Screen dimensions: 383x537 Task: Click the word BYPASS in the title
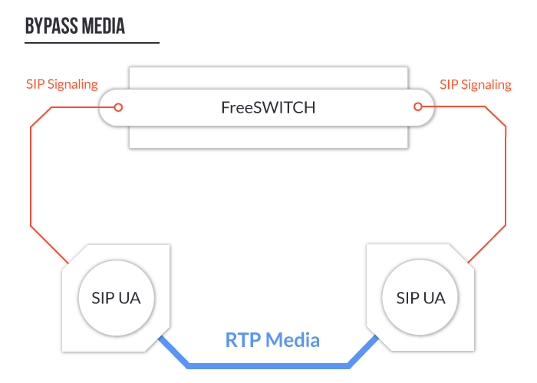coord(50,26)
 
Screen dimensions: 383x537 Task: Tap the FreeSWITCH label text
coord(268,107)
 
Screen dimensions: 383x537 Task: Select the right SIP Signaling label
coord(476,84)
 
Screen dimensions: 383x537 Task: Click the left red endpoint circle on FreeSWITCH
coord(118,107)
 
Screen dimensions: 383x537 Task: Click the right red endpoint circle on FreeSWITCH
coord(418,107)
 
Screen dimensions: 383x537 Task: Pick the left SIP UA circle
coord(117,297)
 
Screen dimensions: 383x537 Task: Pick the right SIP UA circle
coord(420,297)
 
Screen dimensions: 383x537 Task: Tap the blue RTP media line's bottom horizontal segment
coord(268,365)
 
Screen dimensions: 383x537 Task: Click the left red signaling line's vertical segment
coord(30,176)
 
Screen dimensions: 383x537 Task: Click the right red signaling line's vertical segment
coord(506,176)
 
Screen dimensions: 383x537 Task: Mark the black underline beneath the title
coord(92,43)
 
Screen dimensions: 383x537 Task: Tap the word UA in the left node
coord(130,297)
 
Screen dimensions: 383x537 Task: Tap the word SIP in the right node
coord(407,297)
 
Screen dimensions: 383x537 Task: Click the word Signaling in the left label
coord(74,84)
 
